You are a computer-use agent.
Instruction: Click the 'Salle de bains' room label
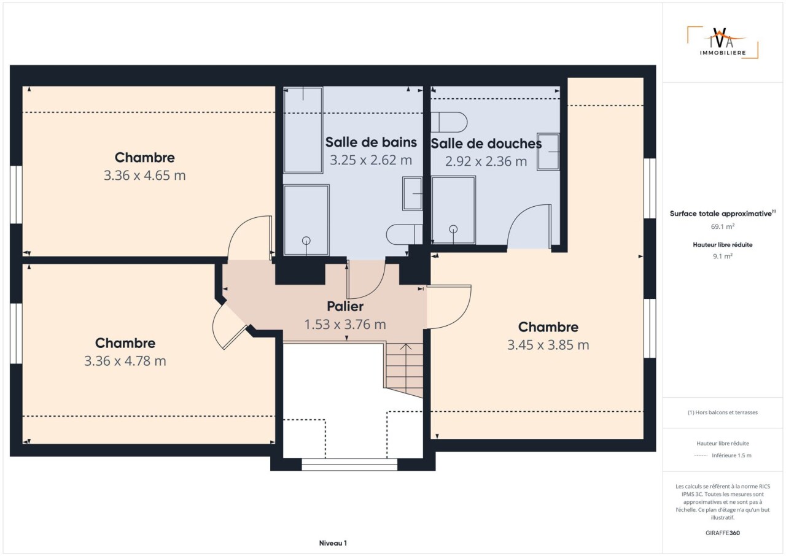coord(371,142)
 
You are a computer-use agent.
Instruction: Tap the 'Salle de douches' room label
coord(486,144)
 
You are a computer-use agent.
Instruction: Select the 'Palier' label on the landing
coord(345,306)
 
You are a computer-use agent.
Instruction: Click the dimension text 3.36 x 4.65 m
coord(144,176)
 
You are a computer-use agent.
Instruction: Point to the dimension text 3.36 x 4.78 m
coord(125,361)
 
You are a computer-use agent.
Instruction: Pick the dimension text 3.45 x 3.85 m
coord(548,345)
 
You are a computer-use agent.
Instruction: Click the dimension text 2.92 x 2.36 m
coord(486,161)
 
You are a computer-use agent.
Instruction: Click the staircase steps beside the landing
coord(405,370)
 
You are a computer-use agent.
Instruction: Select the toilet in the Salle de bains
coord(405,234)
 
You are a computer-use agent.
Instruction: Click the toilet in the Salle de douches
coord(449,122)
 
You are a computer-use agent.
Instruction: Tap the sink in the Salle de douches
coord(548,152)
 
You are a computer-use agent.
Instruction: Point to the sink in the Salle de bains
coord(413,193)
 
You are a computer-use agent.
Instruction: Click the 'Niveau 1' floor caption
coord(333,543)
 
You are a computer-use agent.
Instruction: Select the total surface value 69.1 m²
coord(723,226)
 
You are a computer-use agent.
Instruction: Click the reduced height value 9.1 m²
coord(723,256)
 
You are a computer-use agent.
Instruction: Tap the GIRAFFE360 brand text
coord(723,533)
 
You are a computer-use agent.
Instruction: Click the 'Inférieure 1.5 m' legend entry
coord(731,455)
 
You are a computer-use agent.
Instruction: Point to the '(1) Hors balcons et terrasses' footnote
coord(723,412)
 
